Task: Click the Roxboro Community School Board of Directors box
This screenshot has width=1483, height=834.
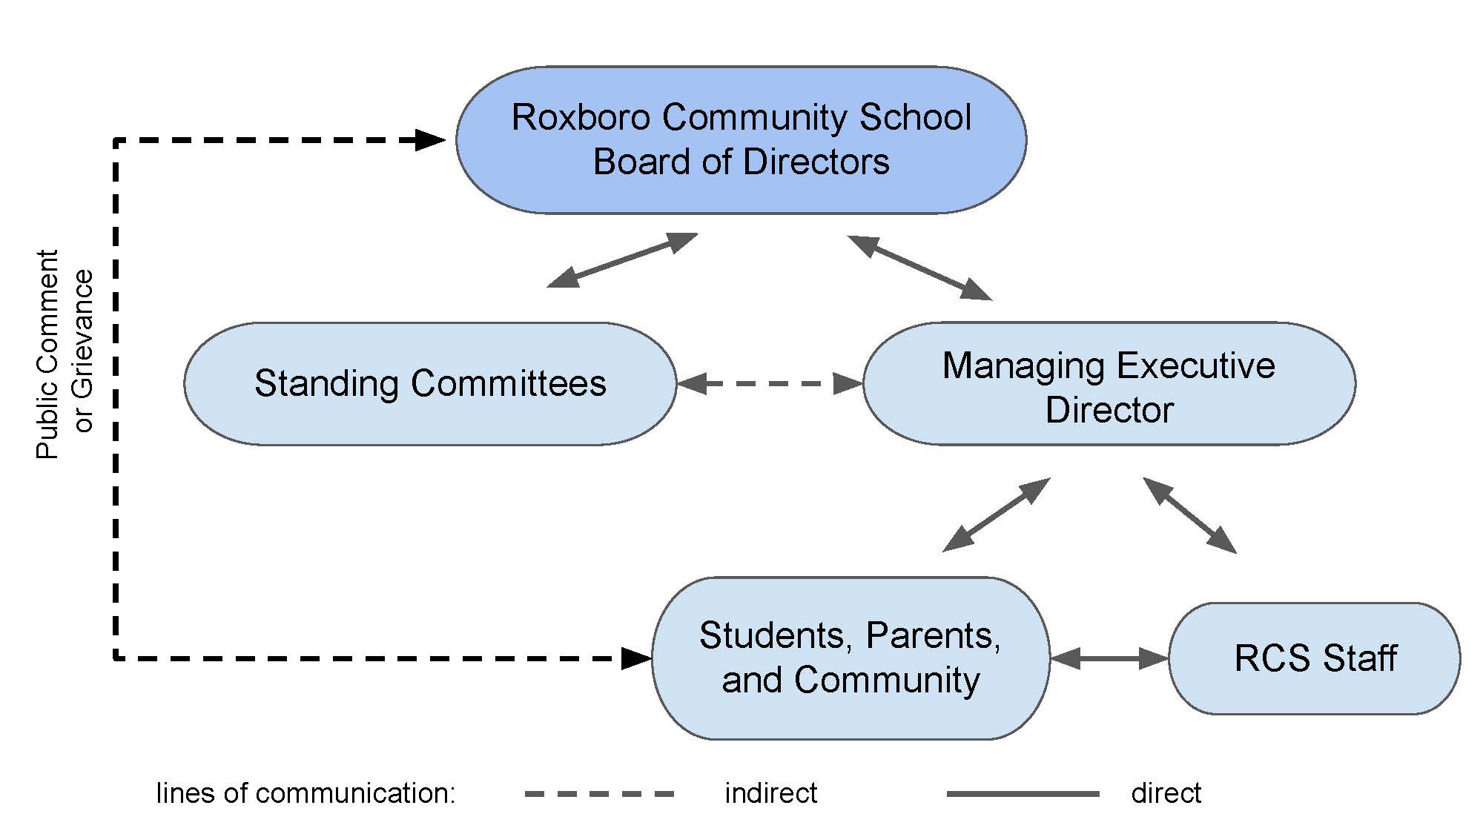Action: pyautogui.click(x=741, y=140)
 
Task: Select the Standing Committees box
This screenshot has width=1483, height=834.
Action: pyautogui.click(x=430, y=383)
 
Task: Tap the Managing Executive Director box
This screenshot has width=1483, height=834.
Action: pyautogui.click(x=1109, y=383)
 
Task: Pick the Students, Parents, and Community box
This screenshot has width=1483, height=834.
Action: pyautogui.click(x=851, y=658)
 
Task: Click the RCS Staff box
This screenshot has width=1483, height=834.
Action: pyautogui.click(x=1315, y=658)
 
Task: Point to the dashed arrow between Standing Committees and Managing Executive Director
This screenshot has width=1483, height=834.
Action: pyautogui.click(x=770, y=383)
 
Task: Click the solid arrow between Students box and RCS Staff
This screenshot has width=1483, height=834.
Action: pyautogui.click(x=1109, y=658)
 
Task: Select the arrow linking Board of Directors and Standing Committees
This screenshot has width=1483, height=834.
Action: pyautogui.click(x=622, y=260)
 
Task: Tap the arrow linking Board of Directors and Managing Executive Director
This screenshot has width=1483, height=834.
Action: pyautogui.click(x=919, y=268)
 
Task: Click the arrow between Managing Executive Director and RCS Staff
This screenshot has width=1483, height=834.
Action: pyautogui.click(x=1189, y=515)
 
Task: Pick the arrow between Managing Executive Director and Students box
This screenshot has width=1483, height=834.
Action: pyautogui.click(x=996, y=514)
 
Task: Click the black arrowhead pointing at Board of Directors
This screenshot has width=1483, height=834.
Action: pyautogui.click(x=430, y=139)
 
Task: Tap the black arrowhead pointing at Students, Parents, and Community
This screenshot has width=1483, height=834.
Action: pyautogui.click(x=636, y=658)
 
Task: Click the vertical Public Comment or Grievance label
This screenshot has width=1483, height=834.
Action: pyautogui.click(x=65, y=354)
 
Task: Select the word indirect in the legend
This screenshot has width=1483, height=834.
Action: pyautogui.click(x=770, y=793)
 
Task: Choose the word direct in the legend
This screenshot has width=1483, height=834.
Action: pyautogui.click(x=1166, y=793)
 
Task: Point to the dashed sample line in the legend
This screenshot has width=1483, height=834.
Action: pyautogui.click(x=599, y=794)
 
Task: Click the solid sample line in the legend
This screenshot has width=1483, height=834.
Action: pyautogui.click(x=1023, y=794)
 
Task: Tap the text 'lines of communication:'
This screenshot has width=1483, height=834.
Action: pyautogui.click(x=305, y=793)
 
